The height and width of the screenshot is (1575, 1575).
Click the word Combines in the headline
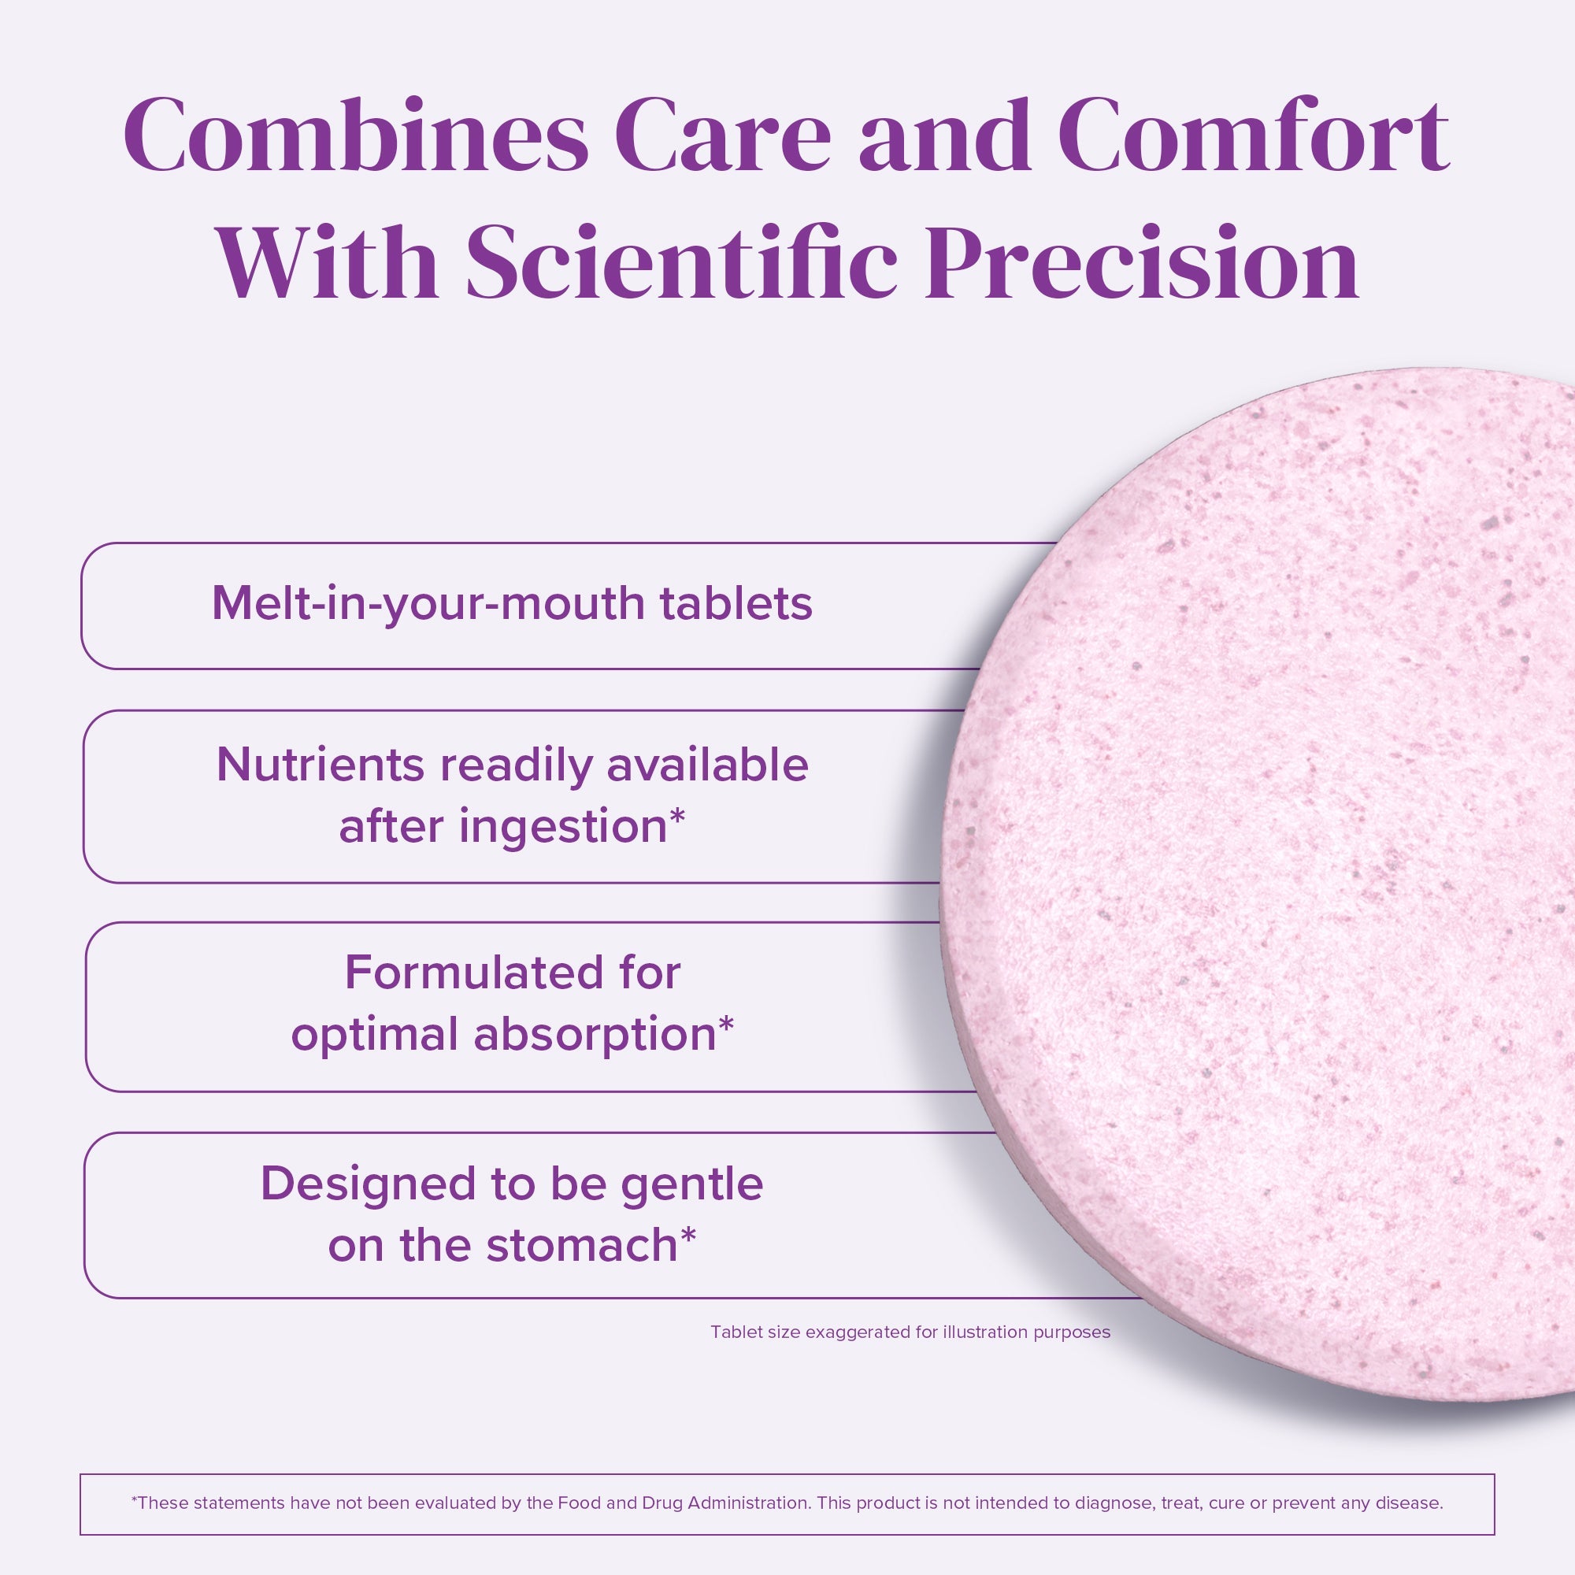[x=356, y=135]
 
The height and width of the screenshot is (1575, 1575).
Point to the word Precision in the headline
[x=1142, y=261]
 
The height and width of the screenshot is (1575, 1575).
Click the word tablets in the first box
[x=736, y=603]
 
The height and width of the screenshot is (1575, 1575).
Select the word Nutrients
[x=321, y=765]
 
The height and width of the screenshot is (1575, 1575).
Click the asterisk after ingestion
[x=677, y=817]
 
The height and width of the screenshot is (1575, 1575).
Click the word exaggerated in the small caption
[x=858, y=1333]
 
